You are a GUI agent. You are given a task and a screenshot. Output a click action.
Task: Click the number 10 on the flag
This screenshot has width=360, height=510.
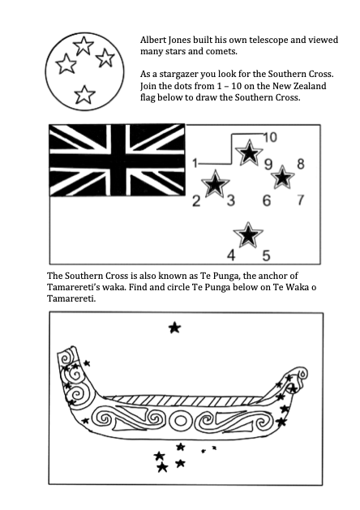click(x=270, y=137)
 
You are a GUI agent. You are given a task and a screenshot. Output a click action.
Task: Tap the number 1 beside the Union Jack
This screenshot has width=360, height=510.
click(x=195, y=163)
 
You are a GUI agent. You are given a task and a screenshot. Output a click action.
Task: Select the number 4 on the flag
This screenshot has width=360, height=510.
click(x=231, y=255)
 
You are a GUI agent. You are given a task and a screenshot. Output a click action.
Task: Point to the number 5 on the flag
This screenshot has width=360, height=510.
click(x=266, y=255)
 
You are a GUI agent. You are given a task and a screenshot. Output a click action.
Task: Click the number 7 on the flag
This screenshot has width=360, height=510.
click(x=301, y=199)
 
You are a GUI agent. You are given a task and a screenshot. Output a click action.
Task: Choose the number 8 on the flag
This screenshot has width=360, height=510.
click(x=301, y=164)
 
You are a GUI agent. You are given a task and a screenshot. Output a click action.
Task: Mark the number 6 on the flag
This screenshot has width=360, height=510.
click(x=267, y=200)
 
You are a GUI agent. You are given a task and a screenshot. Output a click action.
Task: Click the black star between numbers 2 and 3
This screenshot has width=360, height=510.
click(x=215, y=184)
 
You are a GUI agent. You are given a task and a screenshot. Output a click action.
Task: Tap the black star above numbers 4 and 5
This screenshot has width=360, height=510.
click(x=248, y=235)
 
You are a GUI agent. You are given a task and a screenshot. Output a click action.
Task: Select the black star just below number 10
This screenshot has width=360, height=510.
click(x=249, y=152)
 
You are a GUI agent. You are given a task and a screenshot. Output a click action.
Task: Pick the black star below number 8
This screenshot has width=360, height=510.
click(x=283, y=178)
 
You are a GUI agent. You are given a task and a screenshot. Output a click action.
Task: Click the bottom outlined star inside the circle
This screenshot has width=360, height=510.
click(x=84, y=95)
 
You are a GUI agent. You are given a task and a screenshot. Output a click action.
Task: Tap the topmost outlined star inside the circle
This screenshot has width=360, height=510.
click(x=84, y=45)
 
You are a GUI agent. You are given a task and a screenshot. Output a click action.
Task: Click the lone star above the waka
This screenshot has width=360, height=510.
click(x=174, y=328)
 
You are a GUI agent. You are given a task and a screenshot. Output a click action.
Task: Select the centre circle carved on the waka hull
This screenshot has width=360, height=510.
click(x=181, y=421)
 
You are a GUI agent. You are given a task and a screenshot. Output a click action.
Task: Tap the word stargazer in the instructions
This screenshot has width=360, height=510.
click(x=178, y=75)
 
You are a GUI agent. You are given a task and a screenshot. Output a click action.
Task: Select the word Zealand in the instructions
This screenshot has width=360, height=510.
click(x=309, y=86)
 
